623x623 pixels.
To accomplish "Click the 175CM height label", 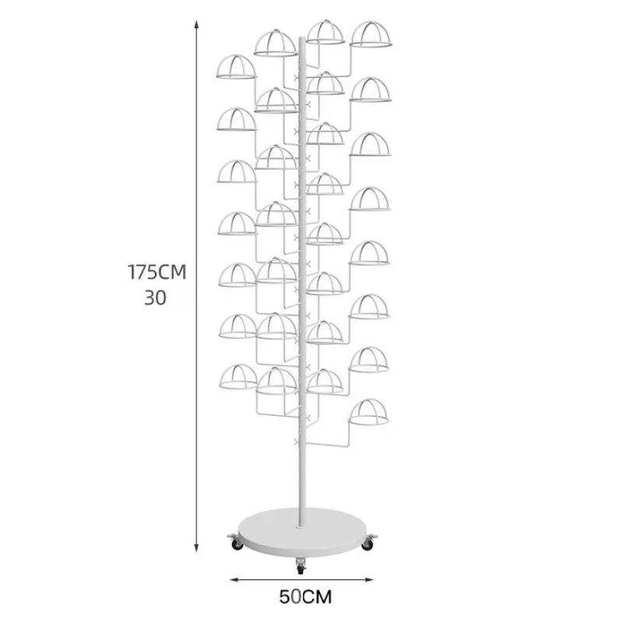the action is tap(157, 272).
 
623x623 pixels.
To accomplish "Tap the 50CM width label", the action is tap(305, 597).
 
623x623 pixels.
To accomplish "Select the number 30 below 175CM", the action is tap(155, 298).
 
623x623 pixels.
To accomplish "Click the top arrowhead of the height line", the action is tap(196, 25).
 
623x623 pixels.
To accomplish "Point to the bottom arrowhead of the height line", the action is tap(196, 547).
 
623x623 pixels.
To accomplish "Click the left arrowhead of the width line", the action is tap(234, 579).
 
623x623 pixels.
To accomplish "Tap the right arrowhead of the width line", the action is tap(369, 579).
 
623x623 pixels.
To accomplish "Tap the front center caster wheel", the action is tap(301, 568).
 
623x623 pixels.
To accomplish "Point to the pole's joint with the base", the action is tap(301, 525).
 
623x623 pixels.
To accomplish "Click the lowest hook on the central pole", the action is tap(297, 442).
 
